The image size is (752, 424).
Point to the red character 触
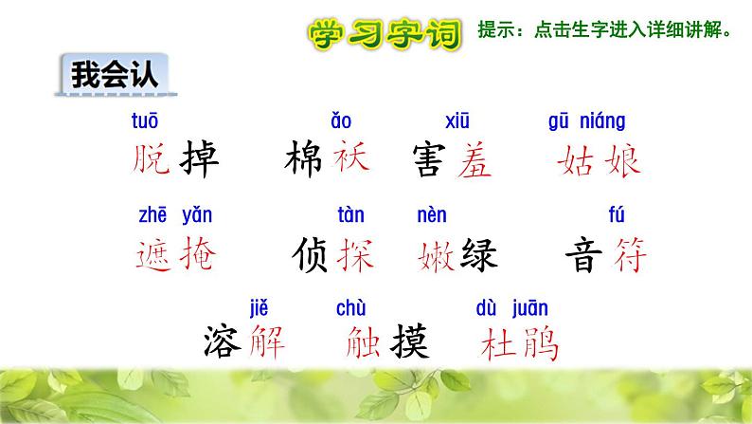click(x=353, y=341)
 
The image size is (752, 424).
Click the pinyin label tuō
click(x=144, y=121)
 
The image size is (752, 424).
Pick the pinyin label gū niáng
click(x=587, y=121)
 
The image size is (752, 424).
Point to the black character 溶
click(x=221, y=341)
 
